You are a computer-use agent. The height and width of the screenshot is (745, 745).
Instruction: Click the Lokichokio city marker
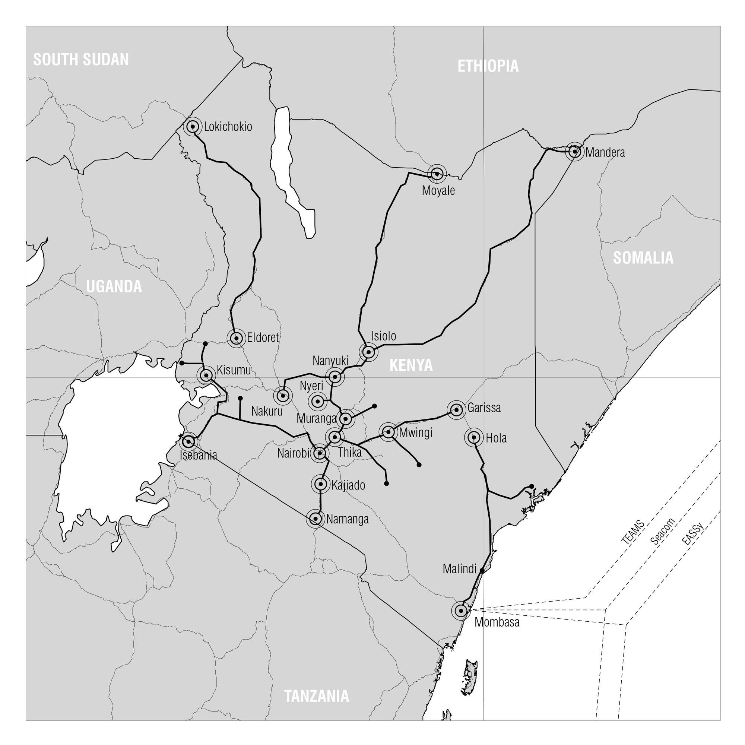(x=193, y=127)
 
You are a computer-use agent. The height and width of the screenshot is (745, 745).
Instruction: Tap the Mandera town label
(x=605, y=153)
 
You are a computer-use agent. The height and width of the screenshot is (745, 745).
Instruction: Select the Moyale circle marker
(x=437, y=174)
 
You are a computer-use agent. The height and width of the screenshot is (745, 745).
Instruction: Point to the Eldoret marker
(x=237, y=338)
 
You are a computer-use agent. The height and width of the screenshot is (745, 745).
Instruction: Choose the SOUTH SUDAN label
(x=81, y=60)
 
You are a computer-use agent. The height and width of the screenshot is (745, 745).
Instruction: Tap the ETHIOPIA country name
(x=488, y=66)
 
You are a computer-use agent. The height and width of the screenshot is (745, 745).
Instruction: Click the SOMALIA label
(x=643, y=258)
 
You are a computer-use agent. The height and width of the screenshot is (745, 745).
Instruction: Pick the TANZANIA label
(x=317, y=696)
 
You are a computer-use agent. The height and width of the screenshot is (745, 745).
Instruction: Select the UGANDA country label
(x=114, y=286)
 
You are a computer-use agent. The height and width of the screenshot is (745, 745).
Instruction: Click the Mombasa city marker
(x=461, y=611)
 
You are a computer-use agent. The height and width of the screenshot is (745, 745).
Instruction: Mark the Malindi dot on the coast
(x=482, y=570)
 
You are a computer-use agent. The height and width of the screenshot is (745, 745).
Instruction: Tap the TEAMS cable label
(x=633, y=532)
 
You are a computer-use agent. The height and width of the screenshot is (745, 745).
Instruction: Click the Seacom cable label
(x=663, y=532)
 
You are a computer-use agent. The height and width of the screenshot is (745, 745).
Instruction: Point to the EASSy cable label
(x=692, y=533)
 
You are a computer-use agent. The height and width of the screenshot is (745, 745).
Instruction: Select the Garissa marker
(x=457, y=410)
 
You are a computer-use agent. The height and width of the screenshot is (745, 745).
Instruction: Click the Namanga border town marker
(x=316, y=519)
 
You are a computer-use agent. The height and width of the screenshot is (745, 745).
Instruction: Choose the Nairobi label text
(x=293, y=453)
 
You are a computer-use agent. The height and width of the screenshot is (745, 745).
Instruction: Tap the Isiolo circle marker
(x=369, y=352)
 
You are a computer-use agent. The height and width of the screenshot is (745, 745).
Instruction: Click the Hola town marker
(x=473, y=437)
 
